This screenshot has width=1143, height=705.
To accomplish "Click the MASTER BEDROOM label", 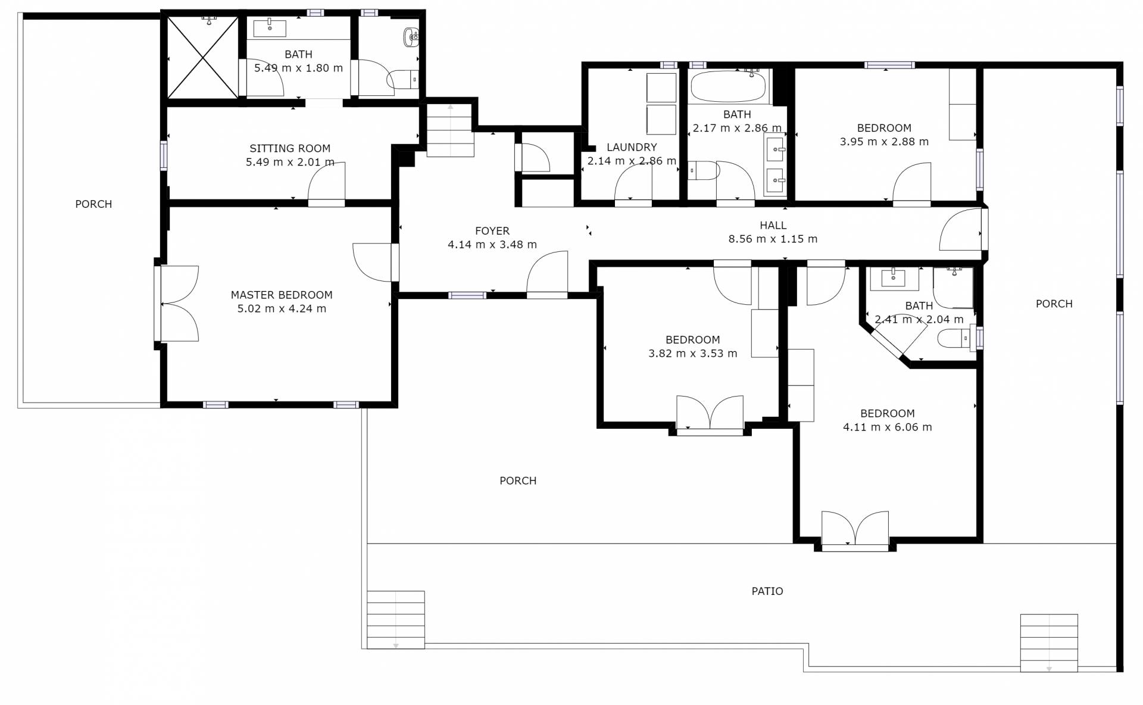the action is (282, 295).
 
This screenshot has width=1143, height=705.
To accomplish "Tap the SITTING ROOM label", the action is (290, 148).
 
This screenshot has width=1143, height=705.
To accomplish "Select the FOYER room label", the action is (492, 231).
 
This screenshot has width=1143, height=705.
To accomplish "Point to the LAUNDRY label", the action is (632, 147).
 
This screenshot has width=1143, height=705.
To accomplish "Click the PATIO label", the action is (767, 591).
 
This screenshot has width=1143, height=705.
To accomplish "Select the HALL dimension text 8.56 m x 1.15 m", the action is (773, 239).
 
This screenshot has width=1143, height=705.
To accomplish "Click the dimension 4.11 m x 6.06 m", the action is (888, 428).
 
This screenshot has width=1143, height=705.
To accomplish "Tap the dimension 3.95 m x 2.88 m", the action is (884, 142).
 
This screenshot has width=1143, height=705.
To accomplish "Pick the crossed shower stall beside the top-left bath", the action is (203, 57).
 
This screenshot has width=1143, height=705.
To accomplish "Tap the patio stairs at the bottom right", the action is (1049, 643).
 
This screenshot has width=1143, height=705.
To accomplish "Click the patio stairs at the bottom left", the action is (396, 620).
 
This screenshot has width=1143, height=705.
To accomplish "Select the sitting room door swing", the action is (326, 181).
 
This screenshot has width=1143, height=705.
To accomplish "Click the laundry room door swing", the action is (633, 181).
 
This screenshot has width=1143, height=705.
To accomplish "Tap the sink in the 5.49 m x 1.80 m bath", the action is (270, 28).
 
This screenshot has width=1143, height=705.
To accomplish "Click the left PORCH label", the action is (93, 204).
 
